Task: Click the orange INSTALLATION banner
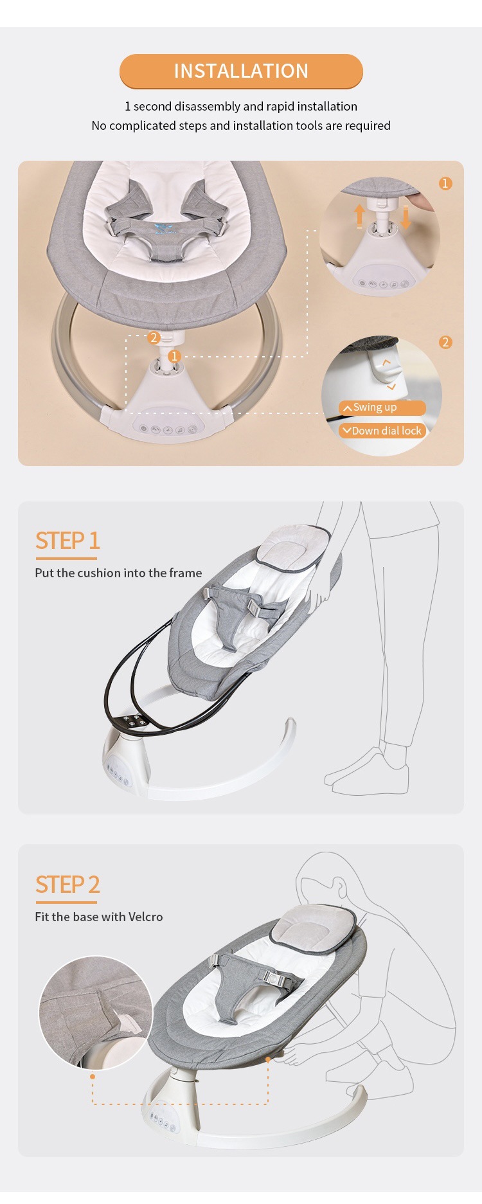click(241, 71)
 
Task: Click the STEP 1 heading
click(67, 541)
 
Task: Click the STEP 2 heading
click(67, 885)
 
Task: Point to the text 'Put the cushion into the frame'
click(118, 573)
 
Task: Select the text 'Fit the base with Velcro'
click(99, 917)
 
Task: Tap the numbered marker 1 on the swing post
click(174, 356)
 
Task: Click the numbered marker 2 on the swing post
click(153, 337)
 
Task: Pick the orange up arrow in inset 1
click(360, 216)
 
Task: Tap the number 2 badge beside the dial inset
click(445, 342)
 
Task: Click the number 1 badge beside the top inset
click(445, 184)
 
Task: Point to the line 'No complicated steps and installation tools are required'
click(241, 125)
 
